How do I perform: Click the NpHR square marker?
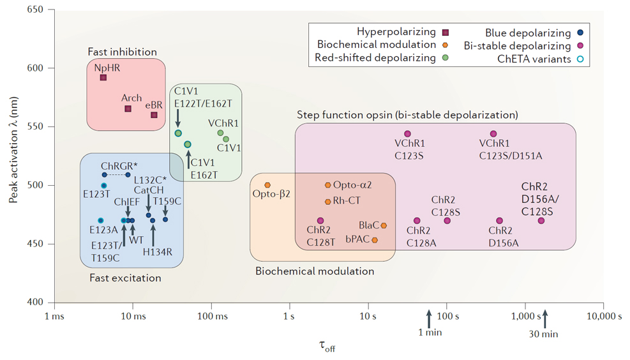tap(103, 78)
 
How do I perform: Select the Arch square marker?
tap(128, 109)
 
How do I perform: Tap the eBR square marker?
tap(154, 115)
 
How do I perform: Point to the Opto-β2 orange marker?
tap(267, 185)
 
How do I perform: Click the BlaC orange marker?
tap(384, 225)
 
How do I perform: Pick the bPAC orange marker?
tap(375, 241)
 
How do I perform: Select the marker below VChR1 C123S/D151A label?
tap(493, 134)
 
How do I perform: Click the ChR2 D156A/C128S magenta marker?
tap(541, 221)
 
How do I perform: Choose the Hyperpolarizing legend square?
tap(446, 33)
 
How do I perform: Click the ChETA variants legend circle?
tap(580, 60)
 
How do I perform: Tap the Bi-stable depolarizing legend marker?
tap(580, 46)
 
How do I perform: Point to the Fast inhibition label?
tap(123, 52)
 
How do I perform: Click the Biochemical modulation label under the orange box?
tap(315, 271)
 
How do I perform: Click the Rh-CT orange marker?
tap(328, 202)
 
